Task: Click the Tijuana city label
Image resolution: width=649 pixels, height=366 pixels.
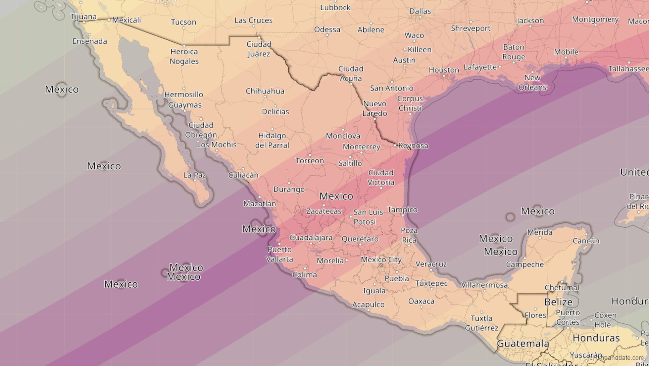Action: (83, 17)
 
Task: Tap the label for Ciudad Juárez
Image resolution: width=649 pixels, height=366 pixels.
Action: (259, 49)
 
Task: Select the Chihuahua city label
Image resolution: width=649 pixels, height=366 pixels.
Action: (265, 91)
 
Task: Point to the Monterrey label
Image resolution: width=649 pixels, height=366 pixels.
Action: (361, 147)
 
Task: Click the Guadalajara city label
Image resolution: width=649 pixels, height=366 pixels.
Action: (311, 237)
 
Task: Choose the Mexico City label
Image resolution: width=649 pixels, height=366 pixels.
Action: (381, 260)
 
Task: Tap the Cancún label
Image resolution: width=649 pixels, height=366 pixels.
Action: (586, 241)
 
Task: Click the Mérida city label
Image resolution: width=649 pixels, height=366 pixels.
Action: (540, 232)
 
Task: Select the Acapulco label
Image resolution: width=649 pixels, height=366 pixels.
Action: (368, 305)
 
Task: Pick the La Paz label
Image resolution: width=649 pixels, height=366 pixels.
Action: (195, 175)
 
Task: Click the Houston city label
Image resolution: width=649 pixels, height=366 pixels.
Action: (444, 70)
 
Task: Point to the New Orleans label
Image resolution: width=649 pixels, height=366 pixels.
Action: (532, 83)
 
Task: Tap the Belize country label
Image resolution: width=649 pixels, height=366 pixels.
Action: (558, 302)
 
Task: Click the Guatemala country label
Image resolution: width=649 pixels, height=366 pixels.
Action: (523, 344)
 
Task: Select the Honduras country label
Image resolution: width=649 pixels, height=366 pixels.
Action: (596, 338)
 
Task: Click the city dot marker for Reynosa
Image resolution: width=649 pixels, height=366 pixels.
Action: (395, 145)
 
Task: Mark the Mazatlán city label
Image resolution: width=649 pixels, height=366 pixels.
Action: (260, 204)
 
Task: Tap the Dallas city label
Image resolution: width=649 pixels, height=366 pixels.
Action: (420, 11)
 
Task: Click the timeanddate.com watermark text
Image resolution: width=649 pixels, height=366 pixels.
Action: (614, 358)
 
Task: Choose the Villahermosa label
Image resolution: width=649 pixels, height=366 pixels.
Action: (484, 285)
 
